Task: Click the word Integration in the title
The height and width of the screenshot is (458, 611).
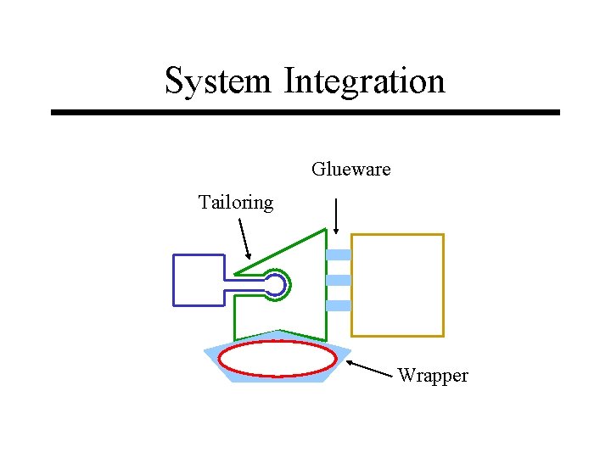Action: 365,81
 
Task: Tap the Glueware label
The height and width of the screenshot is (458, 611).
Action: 350,169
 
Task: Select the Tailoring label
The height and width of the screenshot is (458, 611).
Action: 236,202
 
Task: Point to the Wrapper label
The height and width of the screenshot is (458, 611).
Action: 433,375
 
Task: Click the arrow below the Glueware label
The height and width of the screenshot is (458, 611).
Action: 337,215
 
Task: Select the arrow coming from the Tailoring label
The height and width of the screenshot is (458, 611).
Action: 244,237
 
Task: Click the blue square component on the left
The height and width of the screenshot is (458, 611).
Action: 198,279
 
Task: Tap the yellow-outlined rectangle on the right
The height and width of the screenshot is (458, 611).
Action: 397,285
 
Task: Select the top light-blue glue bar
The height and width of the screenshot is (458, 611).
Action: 339,254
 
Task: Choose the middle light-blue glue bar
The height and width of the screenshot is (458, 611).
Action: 339,280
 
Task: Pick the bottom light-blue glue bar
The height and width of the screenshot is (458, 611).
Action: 339,305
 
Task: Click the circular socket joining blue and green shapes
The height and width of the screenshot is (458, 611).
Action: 276,285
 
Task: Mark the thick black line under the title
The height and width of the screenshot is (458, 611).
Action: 305,112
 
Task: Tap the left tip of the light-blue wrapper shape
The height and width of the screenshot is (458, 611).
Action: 206,351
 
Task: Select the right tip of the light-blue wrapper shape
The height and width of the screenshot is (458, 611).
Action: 348,351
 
